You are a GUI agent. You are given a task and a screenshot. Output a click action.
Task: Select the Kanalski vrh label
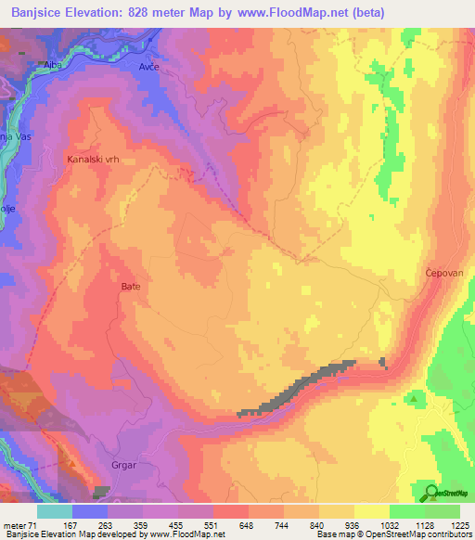[94, 160]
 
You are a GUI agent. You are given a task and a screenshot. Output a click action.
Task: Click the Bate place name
[130, 287]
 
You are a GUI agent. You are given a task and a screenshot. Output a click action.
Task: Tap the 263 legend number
[104, 523]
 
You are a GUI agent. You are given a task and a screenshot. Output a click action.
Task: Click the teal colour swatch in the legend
[54, 511]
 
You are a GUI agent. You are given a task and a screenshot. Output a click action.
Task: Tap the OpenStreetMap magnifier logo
[430, 492]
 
